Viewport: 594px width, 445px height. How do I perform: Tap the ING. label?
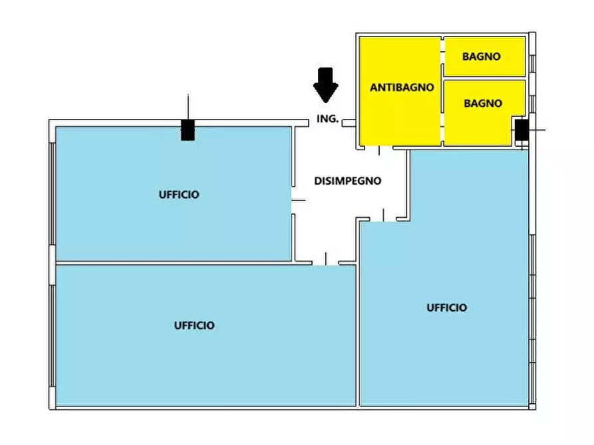pyautogui.click(x=328, y=120)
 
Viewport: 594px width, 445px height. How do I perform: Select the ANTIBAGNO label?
pyautogui.click(x=402, y=87)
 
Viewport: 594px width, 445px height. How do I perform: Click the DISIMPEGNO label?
pyautogui.click(x=348, y=180)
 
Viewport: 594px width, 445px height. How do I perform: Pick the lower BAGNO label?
pyautogui.click(x=483, y=103)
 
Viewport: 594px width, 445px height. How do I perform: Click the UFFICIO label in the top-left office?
pyautogui.click(x=179, y=195)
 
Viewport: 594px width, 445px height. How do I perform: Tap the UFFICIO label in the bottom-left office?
pyautogui.click(x=194, y=325)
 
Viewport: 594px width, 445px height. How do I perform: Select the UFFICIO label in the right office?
pyautogui.click(x=446, y=308)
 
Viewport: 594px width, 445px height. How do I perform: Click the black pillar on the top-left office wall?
pyautogui.click(x=188, y=130)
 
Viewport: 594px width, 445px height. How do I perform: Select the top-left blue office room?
pyautogui.click(x=133, y=226)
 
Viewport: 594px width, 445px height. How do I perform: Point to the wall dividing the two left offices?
pyautogui.click(x=173, y=263)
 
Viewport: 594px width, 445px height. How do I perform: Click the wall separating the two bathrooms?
pyautogui.click(x=484, y=78)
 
